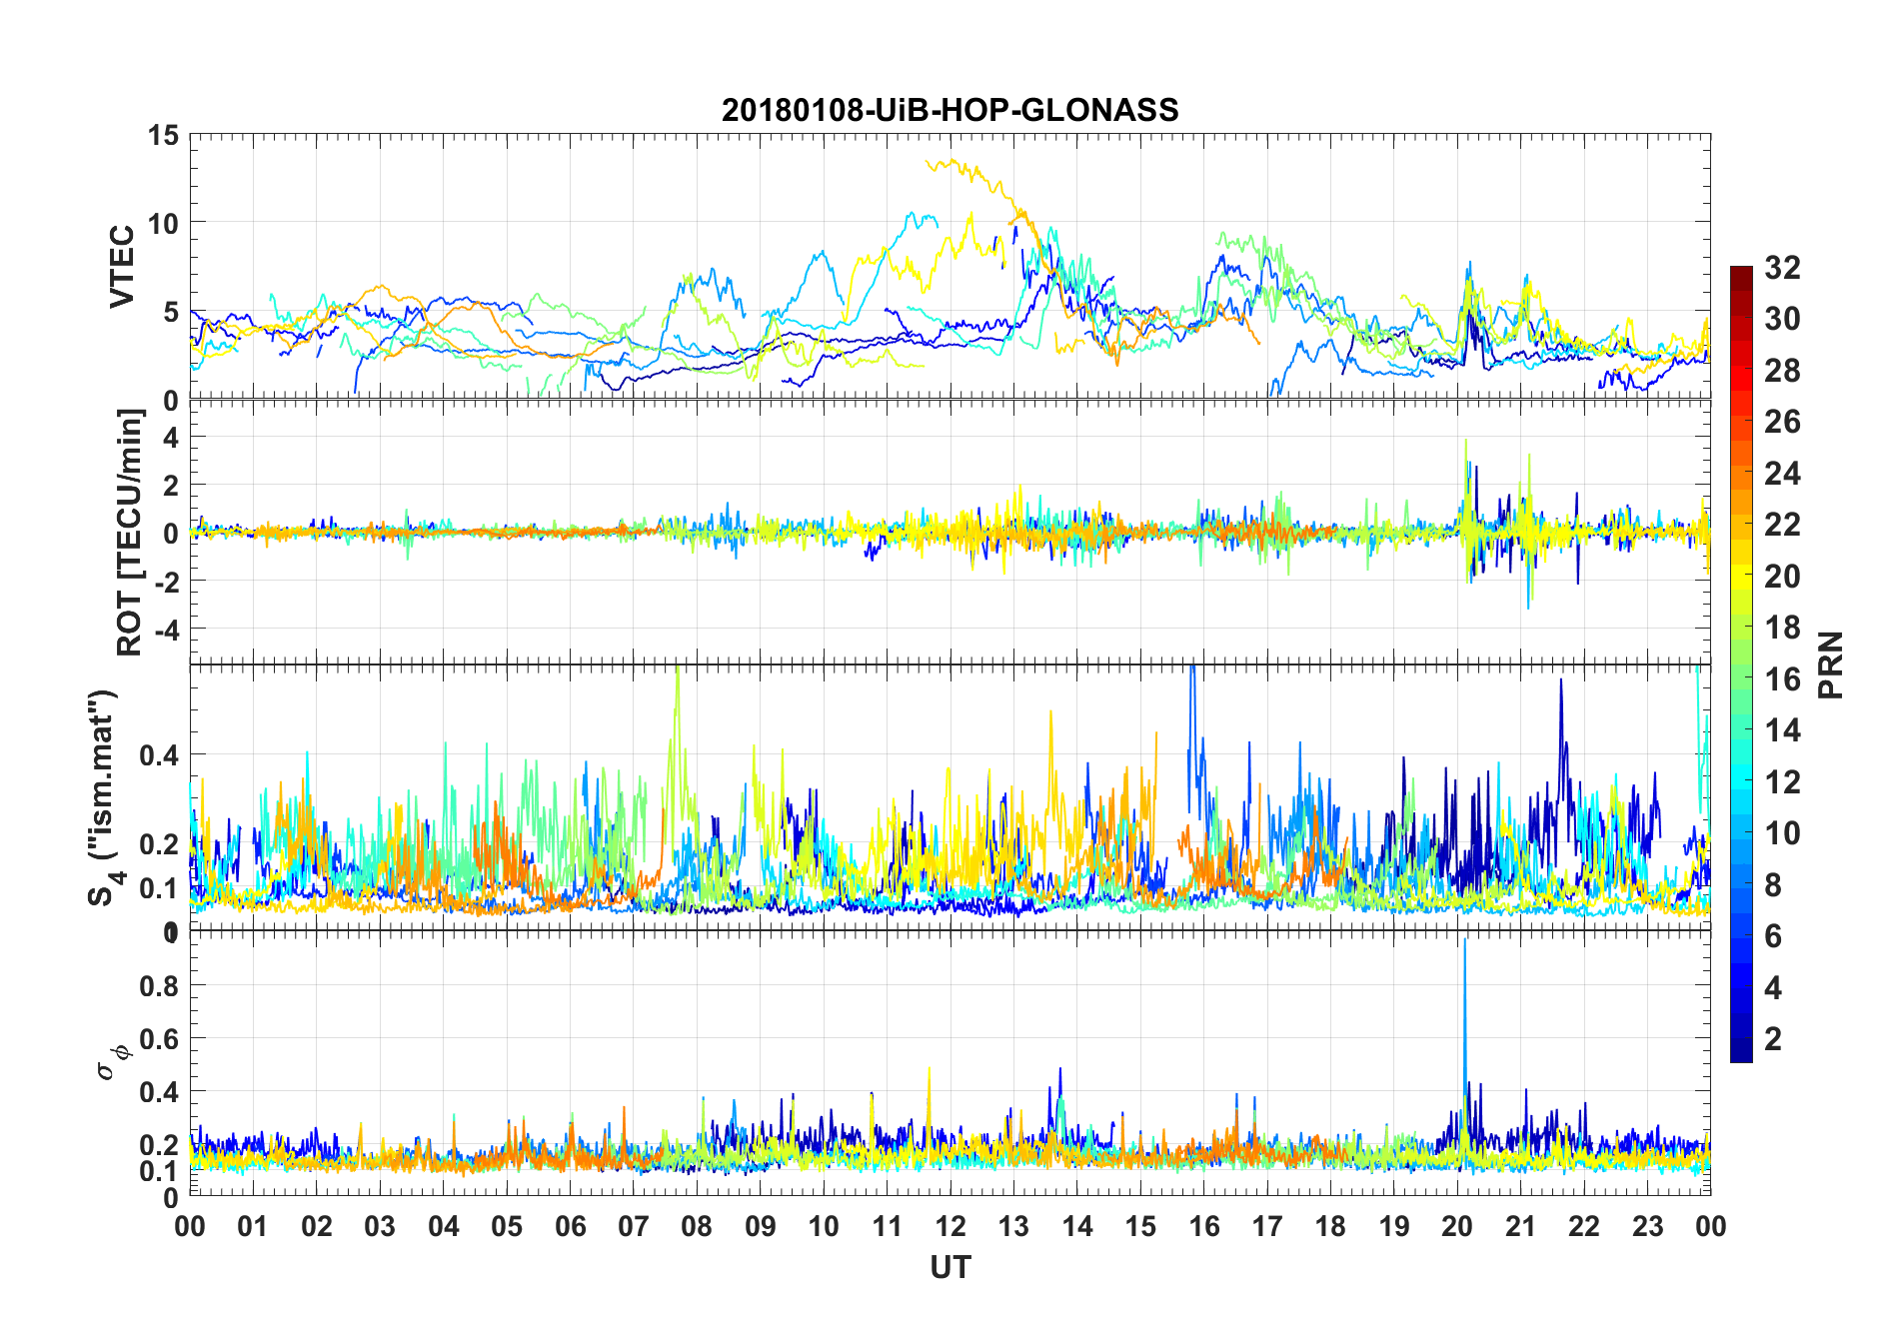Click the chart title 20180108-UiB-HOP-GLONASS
[950, 109]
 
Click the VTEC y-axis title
[122, 266]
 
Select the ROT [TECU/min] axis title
[130, 532]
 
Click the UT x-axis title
[950, 1267]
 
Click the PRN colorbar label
[1831, 664]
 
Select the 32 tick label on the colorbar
[1782, 267]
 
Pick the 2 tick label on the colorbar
[1773, 1038]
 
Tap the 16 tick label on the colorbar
[1782, 678]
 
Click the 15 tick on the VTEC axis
[164, 135]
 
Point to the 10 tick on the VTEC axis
[164, 223]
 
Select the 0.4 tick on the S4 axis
[159, 754]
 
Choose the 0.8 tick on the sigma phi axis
[159, 985]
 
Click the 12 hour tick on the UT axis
[950, 1226]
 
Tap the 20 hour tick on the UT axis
[1456, 1226]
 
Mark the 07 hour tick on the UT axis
[633, 1226]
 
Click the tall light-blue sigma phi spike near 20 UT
[1464, 944]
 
